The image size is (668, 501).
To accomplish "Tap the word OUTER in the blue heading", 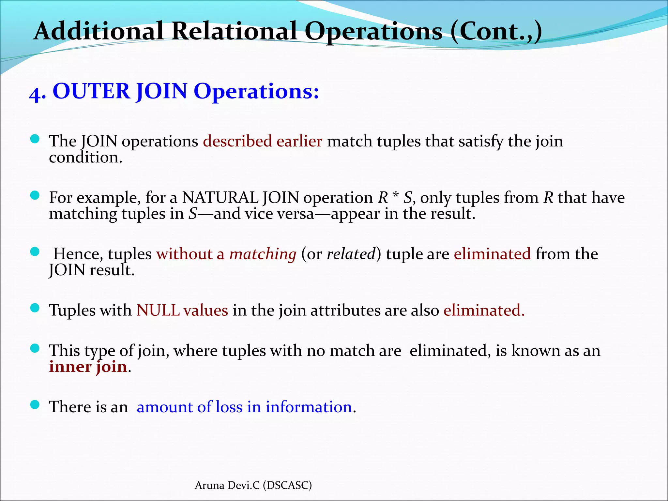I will (91, 91).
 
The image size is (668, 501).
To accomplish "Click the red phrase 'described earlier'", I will (263, 142).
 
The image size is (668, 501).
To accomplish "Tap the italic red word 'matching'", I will (263, 254).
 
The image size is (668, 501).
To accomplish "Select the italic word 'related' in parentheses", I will (351, 254).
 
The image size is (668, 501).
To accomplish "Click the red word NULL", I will (158, 310).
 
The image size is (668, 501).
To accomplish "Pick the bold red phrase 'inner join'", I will (88, 367).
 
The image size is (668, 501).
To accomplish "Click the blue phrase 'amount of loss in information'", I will (244, 407).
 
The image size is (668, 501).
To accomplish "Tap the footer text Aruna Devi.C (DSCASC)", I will (253, 485).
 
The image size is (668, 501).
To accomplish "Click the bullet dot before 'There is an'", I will (35, 405).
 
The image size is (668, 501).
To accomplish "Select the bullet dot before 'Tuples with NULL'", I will (35, 308).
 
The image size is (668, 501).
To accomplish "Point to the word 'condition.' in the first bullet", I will (85, 158).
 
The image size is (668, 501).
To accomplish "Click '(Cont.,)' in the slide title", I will (495, 32).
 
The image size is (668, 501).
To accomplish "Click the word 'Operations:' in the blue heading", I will (256, 91).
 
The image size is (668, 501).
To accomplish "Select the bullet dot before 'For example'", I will (35, 195).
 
